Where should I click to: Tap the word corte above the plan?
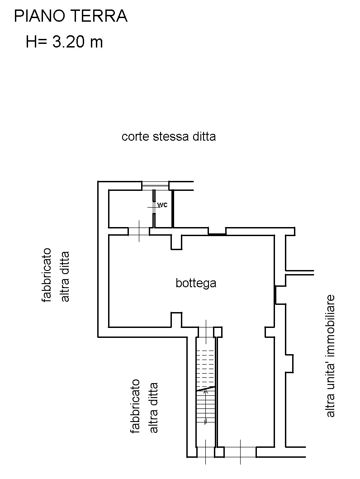pos(136,137)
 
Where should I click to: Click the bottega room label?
pos(196,283)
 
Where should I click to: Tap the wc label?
pos(162,205)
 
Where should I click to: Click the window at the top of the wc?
pos(156,185)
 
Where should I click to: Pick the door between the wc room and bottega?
pos(139,231)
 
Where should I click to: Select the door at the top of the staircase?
pos(206,332)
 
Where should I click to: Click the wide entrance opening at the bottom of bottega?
pos(240,452)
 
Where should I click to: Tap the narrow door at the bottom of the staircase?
pos(206,452)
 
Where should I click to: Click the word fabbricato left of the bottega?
pos(46,275)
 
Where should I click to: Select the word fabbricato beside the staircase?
pos(135,406)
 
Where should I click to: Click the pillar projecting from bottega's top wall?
pos(176,242)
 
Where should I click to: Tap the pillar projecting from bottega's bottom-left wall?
pos(176,319)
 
